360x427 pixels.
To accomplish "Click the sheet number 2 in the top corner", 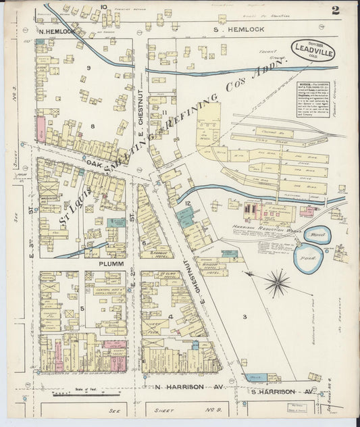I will pos(336,9).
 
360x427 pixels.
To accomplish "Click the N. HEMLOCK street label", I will pos(59,31).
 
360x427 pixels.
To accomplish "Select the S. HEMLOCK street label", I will pos(233,30).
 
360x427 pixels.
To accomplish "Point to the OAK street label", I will pos(94,163).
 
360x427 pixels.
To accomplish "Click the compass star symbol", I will pos(277,283).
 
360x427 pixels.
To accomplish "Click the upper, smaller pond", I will pos(317,235).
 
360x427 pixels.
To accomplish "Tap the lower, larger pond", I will pos(307,258).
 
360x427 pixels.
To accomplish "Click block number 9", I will pos(88,67).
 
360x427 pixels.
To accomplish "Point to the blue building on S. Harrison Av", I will pos(256,378).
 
